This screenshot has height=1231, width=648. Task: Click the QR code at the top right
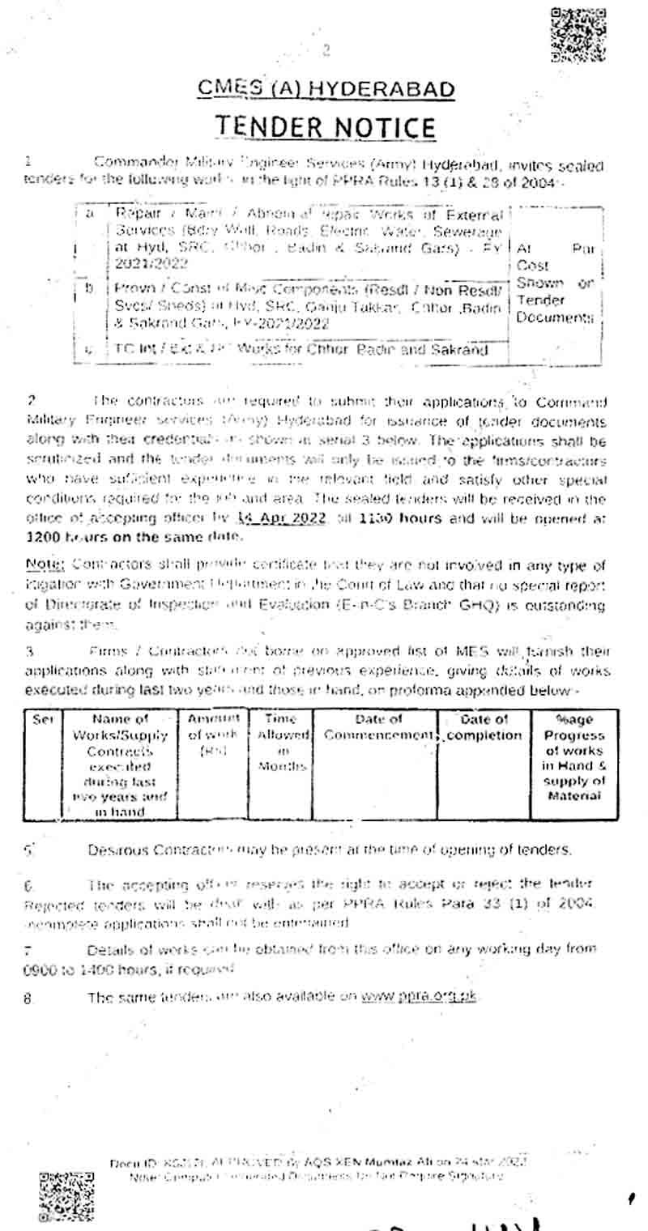[x=578, y=34]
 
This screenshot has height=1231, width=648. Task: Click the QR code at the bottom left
[x=66, y=1194]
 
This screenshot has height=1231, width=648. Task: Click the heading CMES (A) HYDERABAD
[x=326, y=89]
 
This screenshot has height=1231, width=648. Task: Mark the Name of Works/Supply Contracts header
[x=121, y=765]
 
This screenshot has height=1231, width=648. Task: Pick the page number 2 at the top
[x=326, y=51]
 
